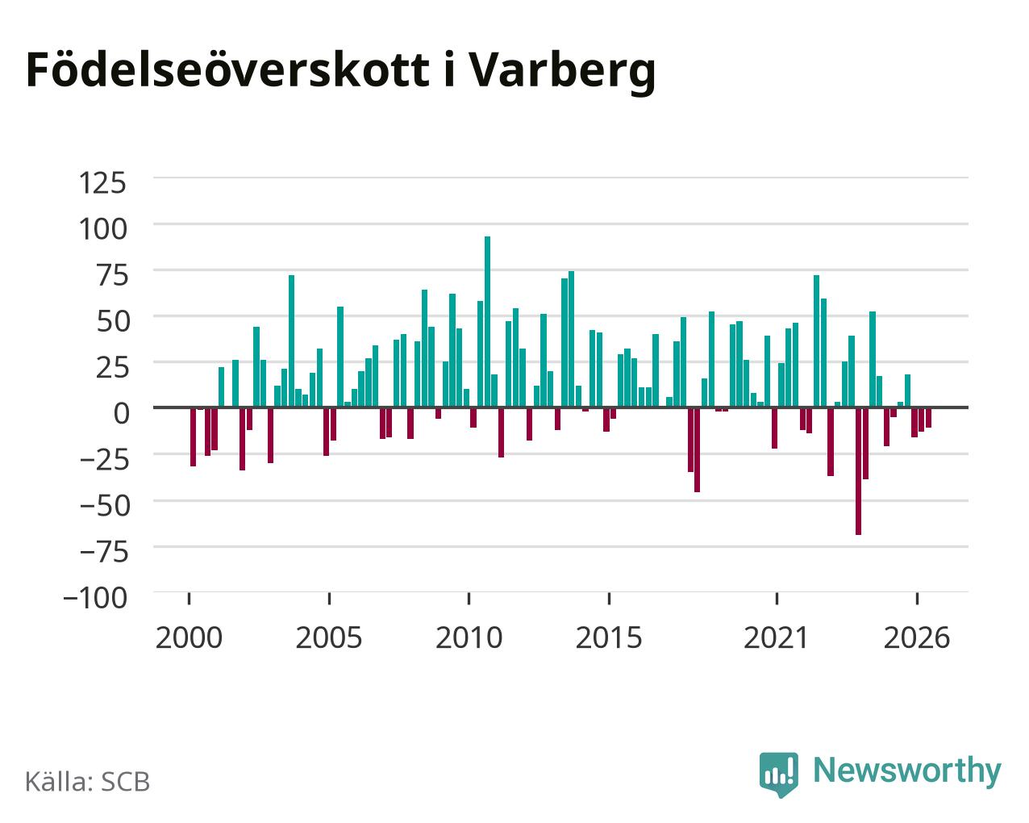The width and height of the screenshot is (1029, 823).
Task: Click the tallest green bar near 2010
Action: pos(487,322)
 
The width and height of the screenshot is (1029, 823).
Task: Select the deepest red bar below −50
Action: pos(858,471)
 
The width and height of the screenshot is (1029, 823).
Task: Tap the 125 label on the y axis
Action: pos(102,183)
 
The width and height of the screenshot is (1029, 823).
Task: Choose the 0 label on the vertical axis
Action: pos(121,413)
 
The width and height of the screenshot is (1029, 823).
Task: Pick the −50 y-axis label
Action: pos(105,506)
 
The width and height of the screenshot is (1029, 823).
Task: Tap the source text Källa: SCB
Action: pos(88,783)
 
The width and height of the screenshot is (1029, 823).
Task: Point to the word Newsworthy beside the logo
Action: pos(907,771)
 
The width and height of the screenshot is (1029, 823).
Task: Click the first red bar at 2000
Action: pos(193,437)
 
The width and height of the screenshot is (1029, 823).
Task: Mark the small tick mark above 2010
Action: pos(469,599)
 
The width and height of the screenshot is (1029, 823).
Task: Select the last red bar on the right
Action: pos(928,417)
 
